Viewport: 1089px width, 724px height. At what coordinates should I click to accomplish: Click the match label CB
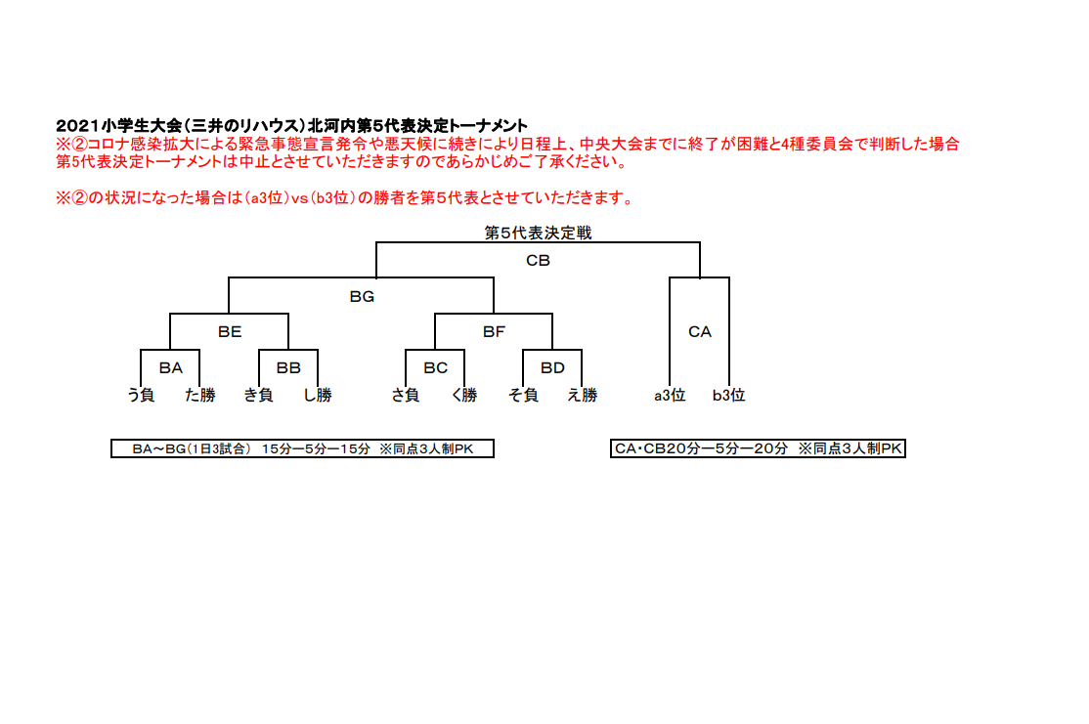pos(539,260)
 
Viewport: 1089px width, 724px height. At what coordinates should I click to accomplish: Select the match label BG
pos(362,296)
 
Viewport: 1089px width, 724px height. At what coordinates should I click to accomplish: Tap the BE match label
pos(230,332)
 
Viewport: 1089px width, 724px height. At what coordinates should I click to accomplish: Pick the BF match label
pos(494,332)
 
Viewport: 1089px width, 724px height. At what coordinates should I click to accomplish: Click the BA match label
pos(171,368)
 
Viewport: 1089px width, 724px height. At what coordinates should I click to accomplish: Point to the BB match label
pos(288,368)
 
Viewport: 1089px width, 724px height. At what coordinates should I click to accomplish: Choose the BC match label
pos(435,368)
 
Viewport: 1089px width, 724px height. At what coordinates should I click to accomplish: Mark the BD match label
pos(553,368)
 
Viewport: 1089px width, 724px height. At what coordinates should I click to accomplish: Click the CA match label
pos(700,332)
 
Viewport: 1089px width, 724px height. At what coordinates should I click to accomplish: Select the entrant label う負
pos(141,395)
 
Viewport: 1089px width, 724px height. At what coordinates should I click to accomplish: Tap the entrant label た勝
pos(200,395)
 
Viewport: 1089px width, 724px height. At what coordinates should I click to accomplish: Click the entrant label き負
pos(258,395)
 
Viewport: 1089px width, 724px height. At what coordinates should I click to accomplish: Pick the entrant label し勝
pos(318,395)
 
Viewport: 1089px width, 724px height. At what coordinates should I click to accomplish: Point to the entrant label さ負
pos(406,395)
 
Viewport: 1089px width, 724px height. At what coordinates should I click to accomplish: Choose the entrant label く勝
pos(464,395)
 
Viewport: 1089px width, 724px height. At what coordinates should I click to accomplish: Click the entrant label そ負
pos(523,395)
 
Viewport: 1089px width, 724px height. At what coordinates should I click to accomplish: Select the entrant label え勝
pos(582,395)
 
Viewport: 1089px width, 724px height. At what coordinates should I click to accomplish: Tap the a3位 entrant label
pos(670,395)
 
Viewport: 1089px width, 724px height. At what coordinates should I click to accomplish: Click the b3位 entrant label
pos(728,395)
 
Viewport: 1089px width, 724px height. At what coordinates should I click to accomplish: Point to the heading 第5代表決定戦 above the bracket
pos(539,233)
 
